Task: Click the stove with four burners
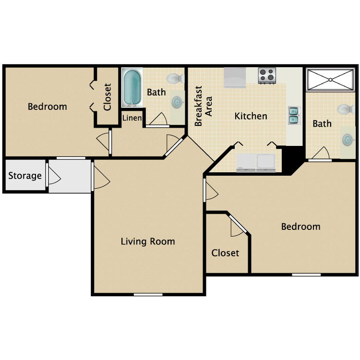pyautogui.click(x=267, y=75)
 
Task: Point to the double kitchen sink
pyautogui.click(x=293, y=115)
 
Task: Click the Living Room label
pyautogui.click(x=147, y=241)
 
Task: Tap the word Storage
pyautogui.click(x=25, y=176)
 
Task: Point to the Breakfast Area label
pyautogui.click(x=203, y=107)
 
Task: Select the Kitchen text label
pyautogui.click(x=251, y=116)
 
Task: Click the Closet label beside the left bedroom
pyautogui.click(x=108, y=96)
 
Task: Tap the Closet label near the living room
pyautogui.click(x=225, y=252)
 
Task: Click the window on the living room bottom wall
pyautogui.click(x=148, y=294)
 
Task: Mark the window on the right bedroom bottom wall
pyautogui.click(x=306, y=274)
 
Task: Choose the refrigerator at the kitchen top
pyautogui.click(x=235, y=77)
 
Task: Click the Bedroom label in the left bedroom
pyautogui.click(x=47, y=107)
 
